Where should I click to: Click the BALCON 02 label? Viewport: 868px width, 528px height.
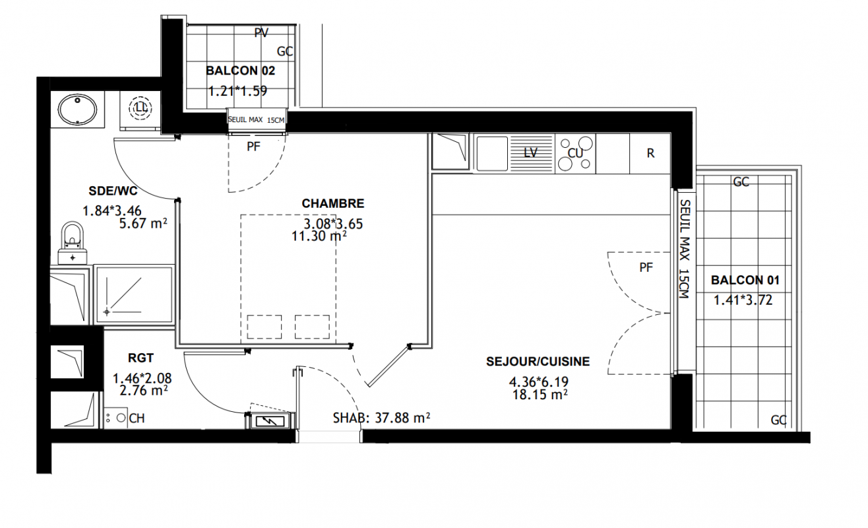(x=240, y=71)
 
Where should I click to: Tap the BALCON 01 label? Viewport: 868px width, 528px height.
(x=745, y=280)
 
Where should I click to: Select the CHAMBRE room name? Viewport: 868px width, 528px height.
(x=333, y=203)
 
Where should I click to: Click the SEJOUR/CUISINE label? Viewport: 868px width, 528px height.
(x=538, y=361)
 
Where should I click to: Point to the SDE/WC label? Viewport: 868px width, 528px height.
(x=113, y=191)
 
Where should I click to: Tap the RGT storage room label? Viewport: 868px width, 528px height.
(x=140, y=358)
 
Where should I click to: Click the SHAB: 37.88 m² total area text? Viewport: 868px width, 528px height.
(x=381, y=418)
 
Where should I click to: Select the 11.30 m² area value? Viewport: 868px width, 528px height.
(x=319, y=236)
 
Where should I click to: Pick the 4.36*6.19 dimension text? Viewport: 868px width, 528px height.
(x=539, y=382)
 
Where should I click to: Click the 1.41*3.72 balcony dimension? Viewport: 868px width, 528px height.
(x=743, y=300)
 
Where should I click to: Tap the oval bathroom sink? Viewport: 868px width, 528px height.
(x=78, y=109)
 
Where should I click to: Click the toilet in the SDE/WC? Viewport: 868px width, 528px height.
(x=73, y=243)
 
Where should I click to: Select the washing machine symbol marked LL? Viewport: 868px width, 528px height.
(x=140, y=108)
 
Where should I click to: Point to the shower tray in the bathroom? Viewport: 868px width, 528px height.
(x=134, y=294)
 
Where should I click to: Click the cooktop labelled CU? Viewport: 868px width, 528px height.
(x=575, y=152)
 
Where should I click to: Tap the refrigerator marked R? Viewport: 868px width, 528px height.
(x=650, y=153)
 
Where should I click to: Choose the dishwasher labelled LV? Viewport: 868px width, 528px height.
(x=531, y=152)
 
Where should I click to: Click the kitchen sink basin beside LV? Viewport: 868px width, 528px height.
(x=492, y=153)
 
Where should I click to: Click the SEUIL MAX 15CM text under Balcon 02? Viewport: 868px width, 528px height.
(x=256, y=119)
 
